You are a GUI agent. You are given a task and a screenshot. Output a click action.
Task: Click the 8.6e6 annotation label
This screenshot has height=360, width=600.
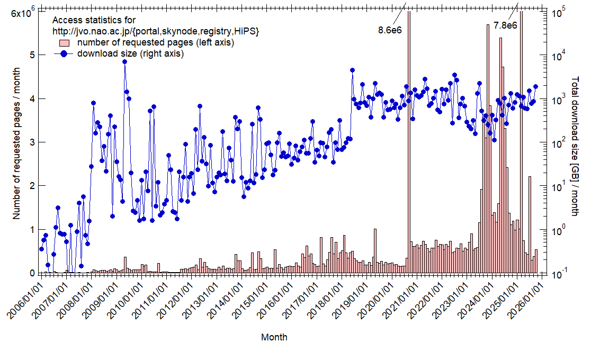pyautogui.click(x=390, y=30)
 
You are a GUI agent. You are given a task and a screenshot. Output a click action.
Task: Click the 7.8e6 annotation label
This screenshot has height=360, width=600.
pyautogui.click(x=505, y=25)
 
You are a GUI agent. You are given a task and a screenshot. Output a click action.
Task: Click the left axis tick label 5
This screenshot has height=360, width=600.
pyautogui.click(x=32, y=55)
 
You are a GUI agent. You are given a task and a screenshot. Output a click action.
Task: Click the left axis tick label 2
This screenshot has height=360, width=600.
pyautogui.click(x=32, y=186)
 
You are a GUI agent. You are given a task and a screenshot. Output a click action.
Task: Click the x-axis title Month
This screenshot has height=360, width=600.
pyautogui.click(x=274, y=337)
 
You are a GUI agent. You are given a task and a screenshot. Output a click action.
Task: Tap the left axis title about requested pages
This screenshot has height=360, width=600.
pyautogui.click(x=16, y=143)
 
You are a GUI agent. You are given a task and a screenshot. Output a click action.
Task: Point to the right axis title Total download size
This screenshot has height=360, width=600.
pyautogui.click(x=576, y=146)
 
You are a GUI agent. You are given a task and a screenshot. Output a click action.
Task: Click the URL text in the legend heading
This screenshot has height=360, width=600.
pyautogui.click(x=156, y=31)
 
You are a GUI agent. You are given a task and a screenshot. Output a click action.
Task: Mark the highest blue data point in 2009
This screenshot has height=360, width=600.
pyautogui.click(x=124, y=61)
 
